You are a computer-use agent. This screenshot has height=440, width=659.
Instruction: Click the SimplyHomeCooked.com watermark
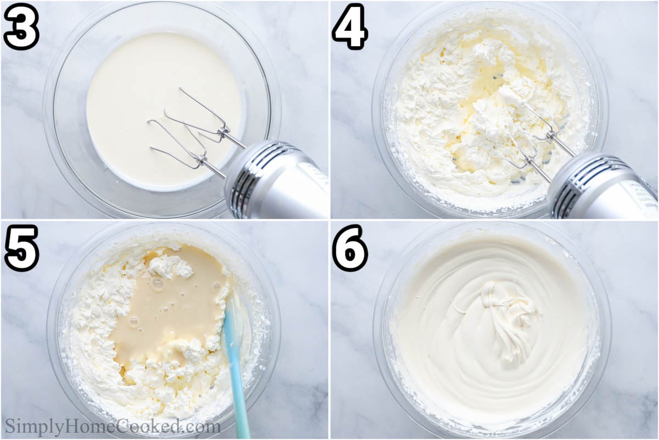click(113, 426)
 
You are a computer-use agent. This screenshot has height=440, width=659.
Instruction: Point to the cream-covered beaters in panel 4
click(527, 137)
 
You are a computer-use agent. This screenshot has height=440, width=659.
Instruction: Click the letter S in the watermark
click(10, 426)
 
